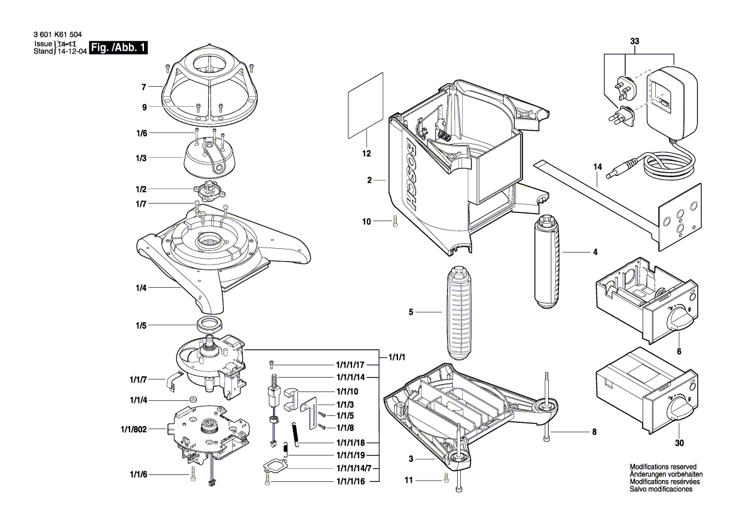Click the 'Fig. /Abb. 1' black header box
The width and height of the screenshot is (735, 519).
[x=119, y=48]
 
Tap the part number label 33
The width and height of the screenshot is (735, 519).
[x=634, y=41]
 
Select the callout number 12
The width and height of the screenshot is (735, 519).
[x=367, y=153]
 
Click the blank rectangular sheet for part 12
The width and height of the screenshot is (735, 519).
[x=365, y=105]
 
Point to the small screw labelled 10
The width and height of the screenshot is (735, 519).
[x=395, y=221]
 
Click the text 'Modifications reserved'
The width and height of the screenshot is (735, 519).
[x=663, y=467]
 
